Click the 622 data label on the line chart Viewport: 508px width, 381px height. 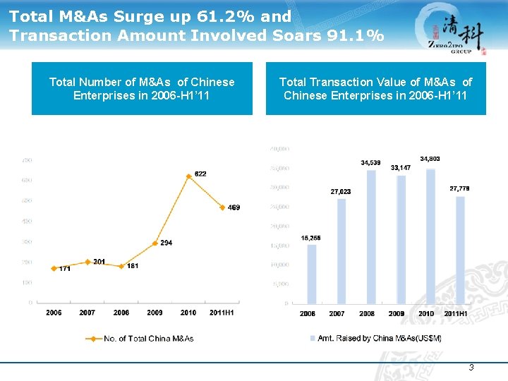point(200,174)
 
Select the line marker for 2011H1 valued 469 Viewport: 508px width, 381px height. point(222,207)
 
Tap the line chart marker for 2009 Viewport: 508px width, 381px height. point(155,243)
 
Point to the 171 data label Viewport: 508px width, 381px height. point(64,269)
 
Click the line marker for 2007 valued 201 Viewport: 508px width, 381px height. point(87,262)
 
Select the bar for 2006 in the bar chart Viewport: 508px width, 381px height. point(311,274)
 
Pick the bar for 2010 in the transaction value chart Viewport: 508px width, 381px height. point(430,236)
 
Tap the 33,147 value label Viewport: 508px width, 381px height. point(400,168)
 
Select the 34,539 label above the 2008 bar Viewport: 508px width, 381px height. point(370,163)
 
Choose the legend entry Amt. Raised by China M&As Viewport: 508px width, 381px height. point(376,339)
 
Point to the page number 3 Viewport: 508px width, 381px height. point(471,368)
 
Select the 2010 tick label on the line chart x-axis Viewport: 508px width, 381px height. point(188,313)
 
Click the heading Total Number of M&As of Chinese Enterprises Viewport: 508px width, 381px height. point(142,89)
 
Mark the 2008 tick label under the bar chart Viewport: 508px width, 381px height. point(367,313)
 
